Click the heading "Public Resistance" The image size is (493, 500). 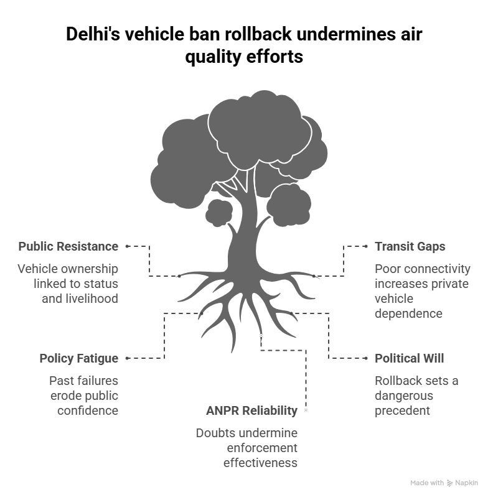(68, 246)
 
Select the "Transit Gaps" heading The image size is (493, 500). (410, 246)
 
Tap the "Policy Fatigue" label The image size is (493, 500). (78, 358)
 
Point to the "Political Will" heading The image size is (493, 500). (409, 358)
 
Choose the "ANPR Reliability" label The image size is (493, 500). (251, 410)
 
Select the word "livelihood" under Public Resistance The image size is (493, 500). (91, 299)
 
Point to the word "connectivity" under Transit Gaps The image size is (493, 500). (439, 269)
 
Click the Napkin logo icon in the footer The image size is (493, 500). (449, 483)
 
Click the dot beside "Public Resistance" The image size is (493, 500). (127, 246)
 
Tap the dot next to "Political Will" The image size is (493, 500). (367, 358)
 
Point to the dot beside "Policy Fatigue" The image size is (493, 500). (127, 358)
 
